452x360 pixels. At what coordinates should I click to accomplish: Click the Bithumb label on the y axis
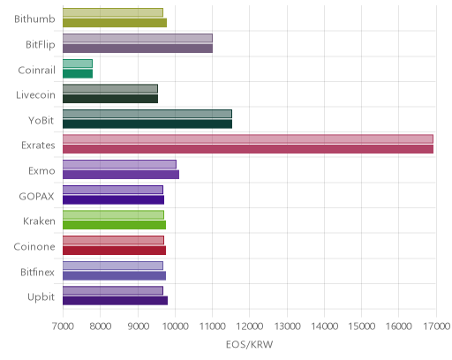[34, 19]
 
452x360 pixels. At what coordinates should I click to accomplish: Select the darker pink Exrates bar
[248, 149]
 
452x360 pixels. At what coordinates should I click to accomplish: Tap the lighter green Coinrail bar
[78, 64]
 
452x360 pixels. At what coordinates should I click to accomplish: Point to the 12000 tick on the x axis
[250, 326]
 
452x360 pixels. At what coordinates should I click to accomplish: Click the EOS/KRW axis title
[249, 344]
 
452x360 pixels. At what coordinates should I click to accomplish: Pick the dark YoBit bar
[147, 124]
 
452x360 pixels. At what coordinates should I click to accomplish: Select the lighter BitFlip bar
[138, 38]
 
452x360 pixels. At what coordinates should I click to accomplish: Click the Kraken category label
[39, 221]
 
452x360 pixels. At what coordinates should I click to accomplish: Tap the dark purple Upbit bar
[115, 301]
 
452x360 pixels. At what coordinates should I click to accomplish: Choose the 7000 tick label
[63, 326]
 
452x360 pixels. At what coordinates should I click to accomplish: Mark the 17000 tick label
[437, 326]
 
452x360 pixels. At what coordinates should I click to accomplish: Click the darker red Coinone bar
[114, 251]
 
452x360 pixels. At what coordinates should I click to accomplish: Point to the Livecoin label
[35, 95]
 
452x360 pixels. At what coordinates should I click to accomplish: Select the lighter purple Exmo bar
[119, 164]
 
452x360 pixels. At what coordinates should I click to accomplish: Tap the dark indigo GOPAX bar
[113, 199]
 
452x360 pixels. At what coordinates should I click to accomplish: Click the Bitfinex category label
[37, 272]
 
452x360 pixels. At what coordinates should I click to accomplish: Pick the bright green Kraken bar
[114, 225]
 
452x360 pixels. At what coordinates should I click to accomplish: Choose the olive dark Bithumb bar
[115, 23]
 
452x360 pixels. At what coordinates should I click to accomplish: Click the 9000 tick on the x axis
[138, 326]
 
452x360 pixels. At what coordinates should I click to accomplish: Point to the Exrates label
[38, 146]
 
